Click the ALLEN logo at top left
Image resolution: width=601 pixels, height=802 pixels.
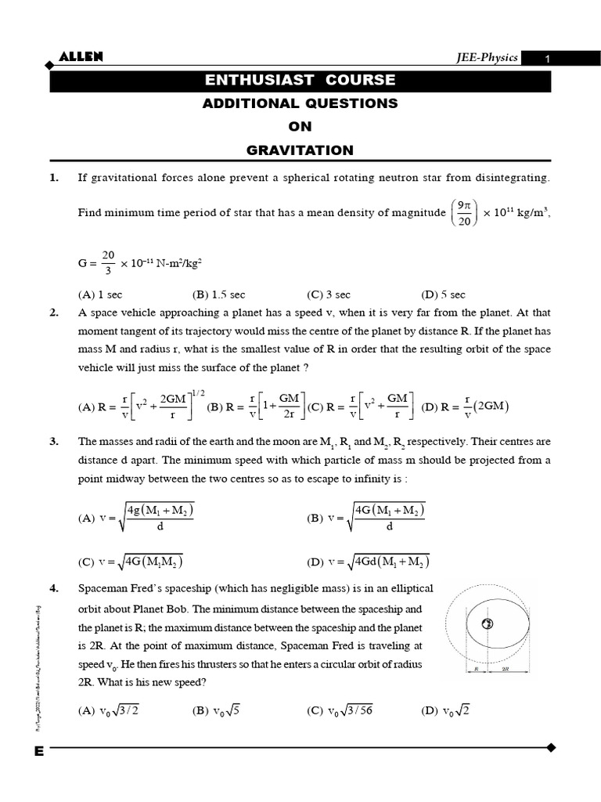(x=81, y=56)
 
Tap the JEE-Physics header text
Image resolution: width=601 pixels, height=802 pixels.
(x=488, y=58)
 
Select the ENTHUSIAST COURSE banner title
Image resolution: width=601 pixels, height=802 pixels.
(x=300, y=80)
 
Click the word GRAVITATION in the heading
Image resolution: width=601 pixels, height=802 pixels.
(x=300, y=150)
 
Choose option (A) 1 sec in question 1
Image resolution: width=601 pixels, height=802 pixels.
(x=100, y=294)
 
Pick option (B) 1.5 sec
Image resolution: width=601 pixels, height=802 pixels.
(x=218, y=294)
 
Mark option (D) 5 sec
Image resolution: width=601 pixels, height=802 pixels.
(x=443, y=294)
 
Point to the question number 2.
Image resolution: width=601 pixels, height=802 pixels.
(x=54, y=312)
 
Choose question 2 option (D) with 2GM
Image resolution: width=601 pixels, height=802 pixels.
(x=465, y=406)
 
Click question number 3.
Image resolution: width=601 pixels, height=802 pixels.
(x=54, y=442)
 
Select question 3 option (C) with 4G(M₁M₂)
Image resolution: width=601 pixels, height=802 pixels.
(x=131, y=562)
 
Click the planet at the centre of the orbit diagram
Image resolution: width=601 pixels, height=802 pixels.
(x=487, y=624)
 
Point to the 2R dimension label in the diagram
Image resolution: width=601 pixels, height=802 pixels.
(x=505, y=670)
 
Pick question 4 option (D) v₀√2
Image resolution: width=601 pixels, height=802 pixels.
(x=445, y=710)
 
